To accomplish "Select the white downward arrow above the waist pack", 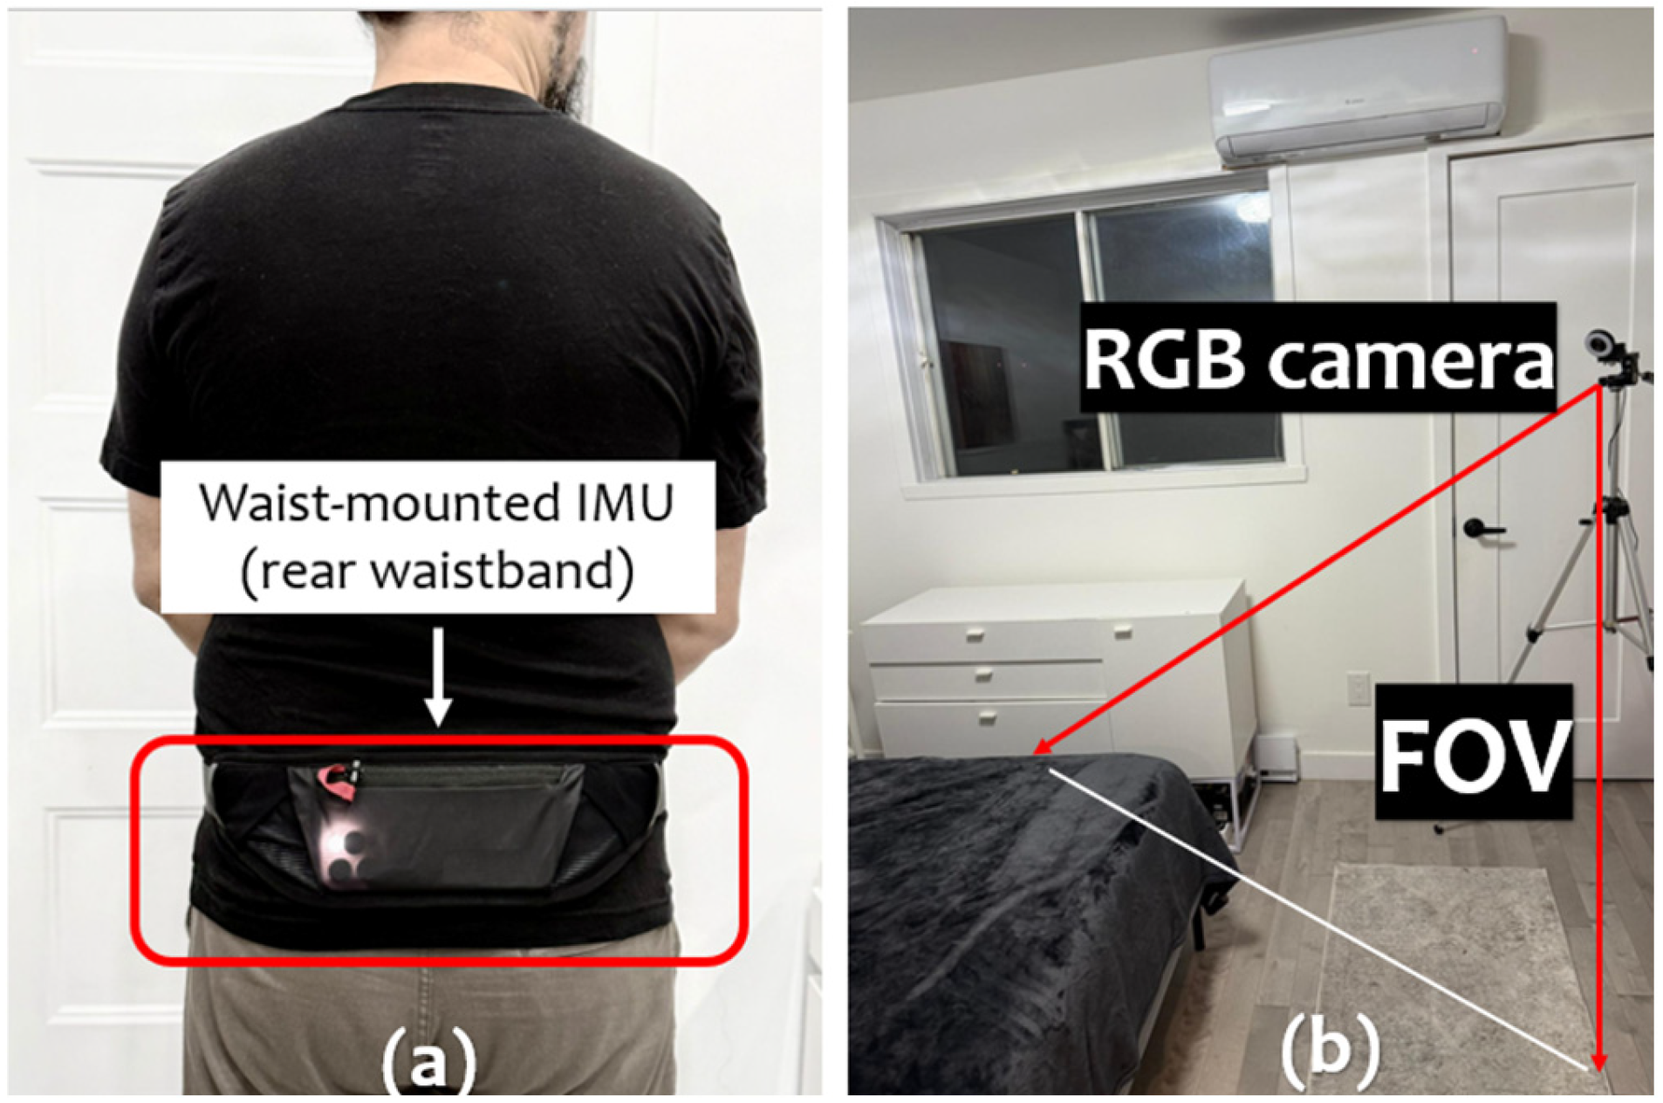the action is point(439,676).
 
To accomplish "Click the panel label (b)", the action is point(1331,1047).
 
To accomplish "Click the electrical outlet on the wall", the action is point(1358,688).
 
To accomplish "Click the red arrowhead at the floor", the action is point(1598,1061).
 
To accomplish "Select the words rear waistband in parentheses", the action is point(437,572).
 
